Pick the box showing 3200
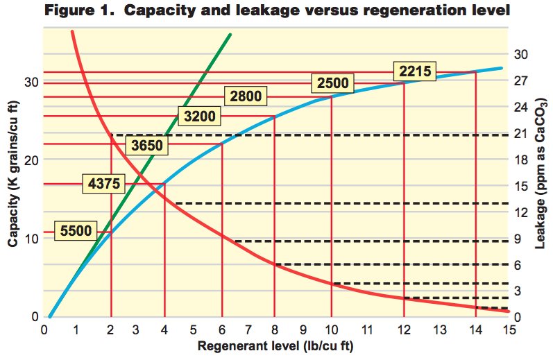[x=199, y=116]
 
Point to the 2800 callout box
[x=245, y=96]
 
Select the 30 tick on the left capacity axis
[x=31, y=82]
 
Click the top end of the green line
[x=230, y=34]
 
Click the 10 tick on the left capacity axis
[x=31, y=238]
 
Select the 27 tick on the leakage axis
[x=522, y=81]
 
